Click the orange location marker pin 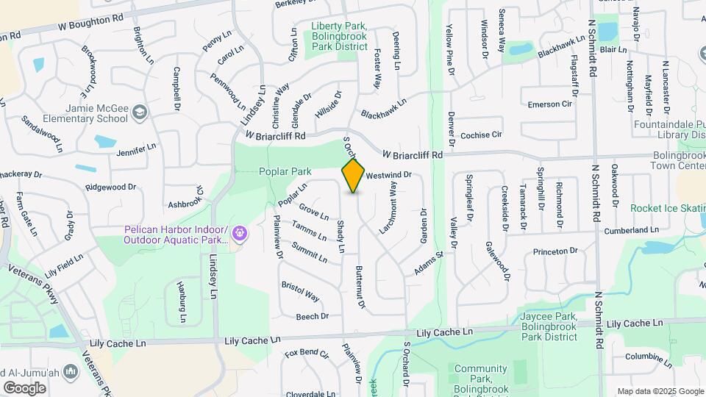[x=353, y=174]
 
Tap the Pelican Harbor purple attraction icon [x=238, y=235]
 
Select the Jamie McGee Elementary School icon [x=140, y=113]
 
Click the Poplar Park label [x=285, y=171]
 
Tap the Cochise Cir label [x=480, y=135]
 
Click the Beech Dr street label [x=312, y=317]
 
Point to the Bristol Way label [x=300, y=291]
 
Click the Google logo [x=24, y=387]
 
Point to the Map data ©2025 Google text [x=660, y=391]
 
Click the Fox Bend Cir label [x=307, y=354]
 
